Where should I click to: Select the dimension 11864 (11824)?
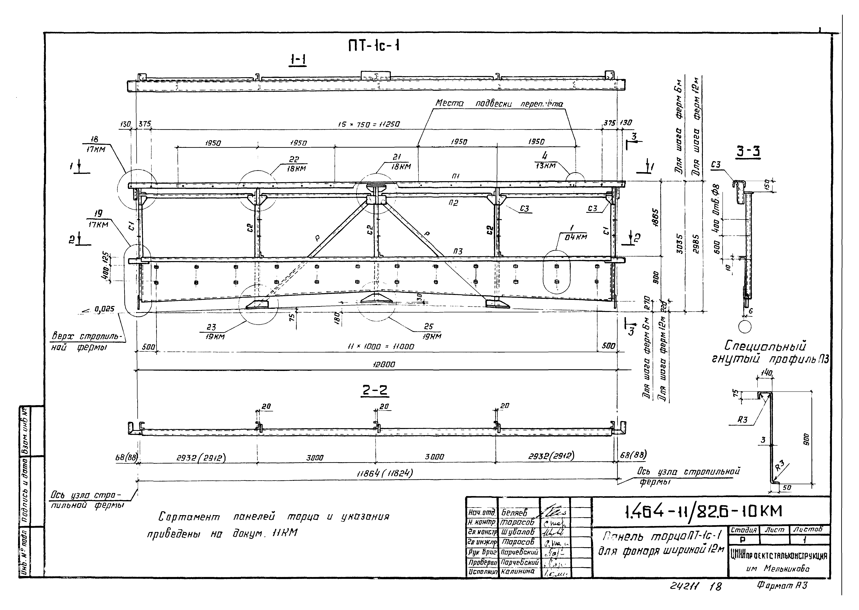385,474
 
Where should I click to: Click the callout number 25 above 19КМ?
428,327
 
